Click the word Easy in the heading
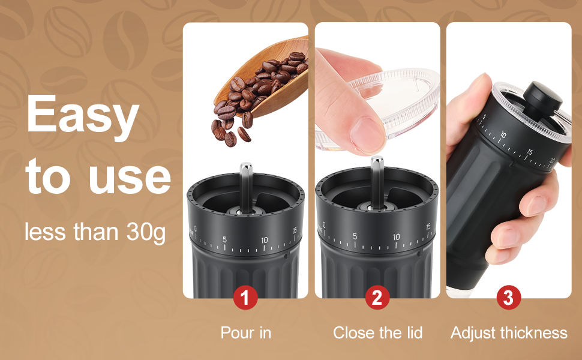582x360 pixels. tap(82, 115)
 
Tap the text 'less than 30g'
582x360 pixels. tap(95, 231)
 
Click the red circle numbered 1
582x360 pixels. tap(245, 298)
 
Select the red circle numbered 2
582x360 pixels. tap(377, 298)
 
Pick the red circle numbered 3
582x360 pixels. tap(508, 298)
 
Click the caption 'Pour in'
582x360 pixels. tap(245, 332)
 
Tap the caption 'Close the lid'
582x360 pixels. tap(377, 332)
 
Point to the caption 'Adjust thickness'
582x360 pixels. tap(509, 332)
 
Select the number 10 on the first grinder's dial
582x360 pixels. tap(264, 239)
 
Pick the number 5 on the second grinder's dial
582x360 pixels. tap(355, 236)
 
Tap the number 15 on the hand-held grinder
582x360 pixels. tap(529, 152)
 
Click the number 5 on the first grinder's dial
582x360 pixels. tap(224, 239)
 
